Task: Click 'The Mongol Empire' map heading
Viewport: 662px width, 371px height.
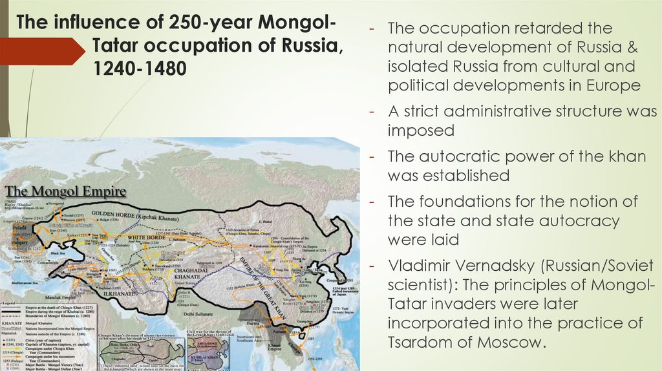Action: [x=65, y=192]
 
